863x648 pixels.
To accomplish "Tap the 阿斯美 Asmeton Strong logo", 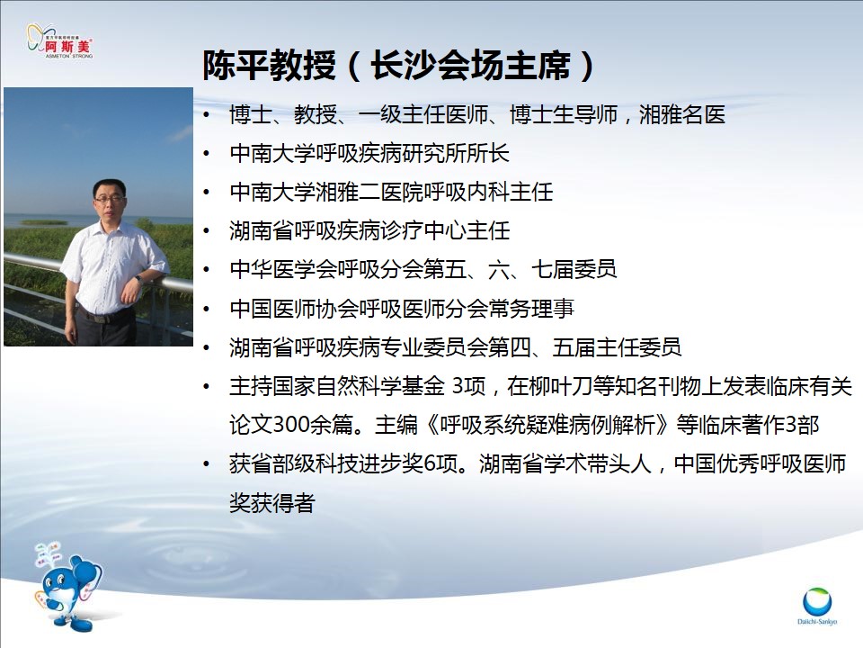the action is coord(60,40).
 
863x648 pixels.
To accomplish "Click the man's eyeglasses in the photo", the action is coord(109,200).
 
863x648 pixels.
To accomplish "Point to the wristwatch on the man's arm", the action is coord(138,281).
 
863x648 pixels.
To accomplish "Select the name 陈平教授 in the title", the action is coord(269,66).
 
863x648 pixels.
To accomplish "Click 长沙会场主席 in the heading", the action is coord(470,66).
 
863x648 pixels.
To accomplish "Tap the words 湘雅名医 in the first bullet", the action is coord(682,114).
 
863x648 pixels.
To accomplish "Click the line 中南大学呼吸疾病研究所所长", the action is coord(369,153).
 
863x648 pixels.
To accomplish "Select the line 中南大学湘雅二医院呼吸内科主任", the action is coord(391,193).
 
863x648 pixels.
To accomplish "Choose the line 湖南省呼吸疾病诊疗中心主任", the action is coord(369,231).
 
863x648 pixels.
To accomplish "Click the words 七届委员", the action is coord(574,269).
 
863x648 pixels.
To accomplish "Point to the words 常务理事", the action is coord(531,309).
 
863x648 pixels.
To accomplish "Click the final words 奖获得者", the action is coord(271,502).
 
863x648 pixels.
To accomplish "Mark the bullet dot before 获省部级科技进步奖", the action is coord(207,464).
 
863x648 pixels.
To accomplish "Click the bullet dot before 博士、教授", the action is coord(207,115).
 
